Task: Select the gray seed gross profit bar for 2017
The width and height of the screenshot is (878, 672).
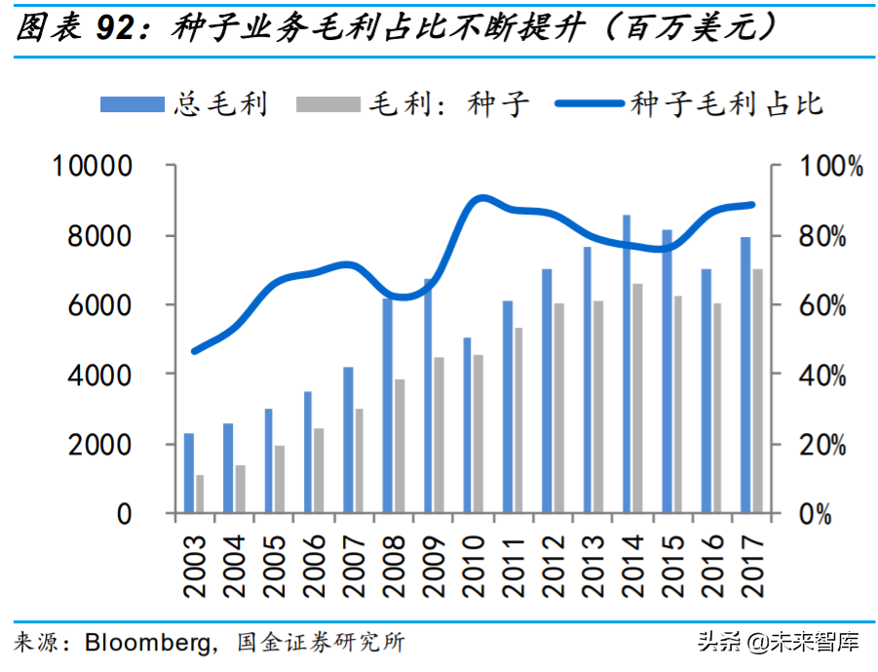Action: point(756,390)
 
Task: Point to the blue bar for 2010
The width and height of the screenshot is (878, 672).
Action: point(467,425)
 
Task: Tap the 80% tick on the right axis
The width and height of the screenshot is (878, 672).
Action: point(830,236)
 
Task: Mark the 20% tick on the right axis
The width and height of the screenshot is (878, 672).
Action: point(830,444)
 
